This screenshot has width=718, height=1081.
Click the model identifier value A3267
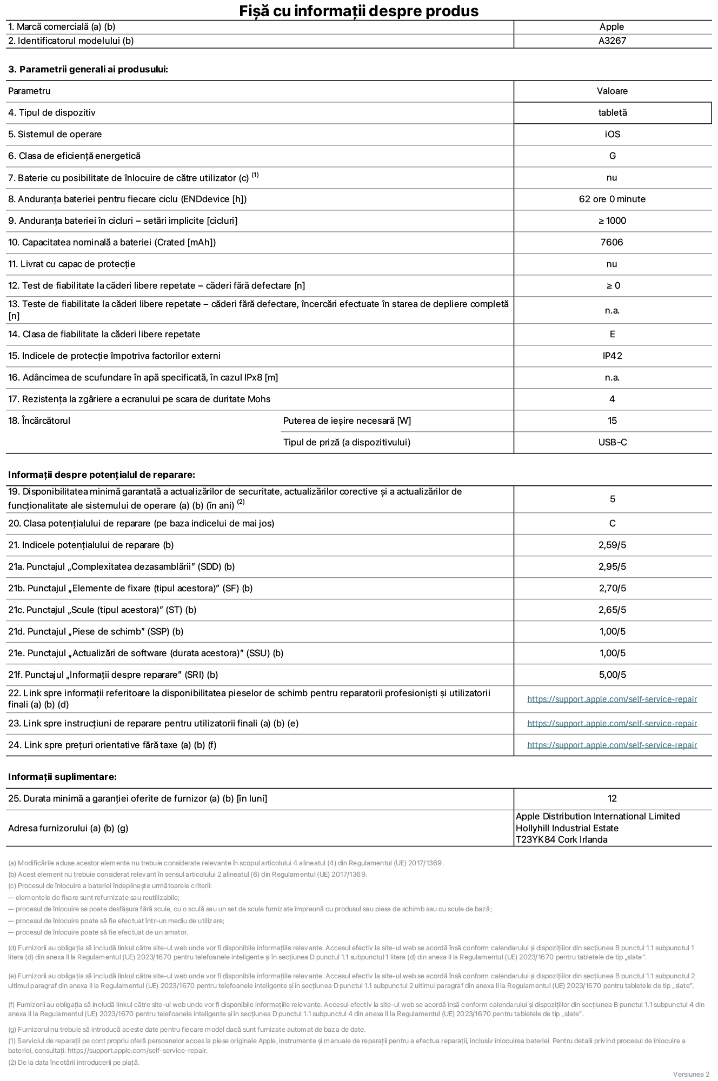612,41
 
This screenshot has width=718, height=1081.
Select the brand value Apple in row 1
611,27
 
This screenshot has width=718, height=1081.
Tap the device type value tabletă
612,113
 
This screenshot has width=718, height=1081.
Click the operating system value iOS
612,135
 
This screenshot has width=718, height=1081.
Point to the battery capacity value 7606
611,243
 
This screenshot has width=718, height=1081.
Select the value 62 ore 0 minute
612,199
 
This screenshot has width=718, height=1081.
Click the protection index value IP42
612,356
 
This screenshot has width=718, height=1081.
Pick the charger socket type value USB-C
612,443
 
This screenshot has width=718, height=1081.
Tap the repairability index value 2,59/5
612,545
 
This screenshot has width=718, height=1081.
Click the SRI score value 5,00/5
612,675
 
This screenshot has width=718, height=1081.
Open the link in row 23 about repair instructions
612,724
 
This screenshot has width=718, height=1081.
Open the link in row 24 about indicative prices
612,745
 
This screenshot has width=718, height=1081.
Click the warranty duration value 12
612,799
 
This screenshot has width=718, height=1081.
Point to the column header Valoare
612,91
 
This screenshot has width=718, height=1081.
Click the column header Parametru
29,91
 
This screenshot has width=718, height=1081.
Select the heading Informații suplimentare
62,777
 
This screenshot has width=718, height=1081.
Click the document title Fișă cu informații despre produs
358,11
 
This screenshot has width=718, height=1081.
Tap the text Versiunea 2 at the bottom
691,1074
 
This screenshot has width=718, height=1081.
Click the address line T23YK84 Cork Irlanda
561,840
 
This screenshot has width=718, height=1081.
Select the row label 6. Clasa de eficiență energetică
74,156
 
